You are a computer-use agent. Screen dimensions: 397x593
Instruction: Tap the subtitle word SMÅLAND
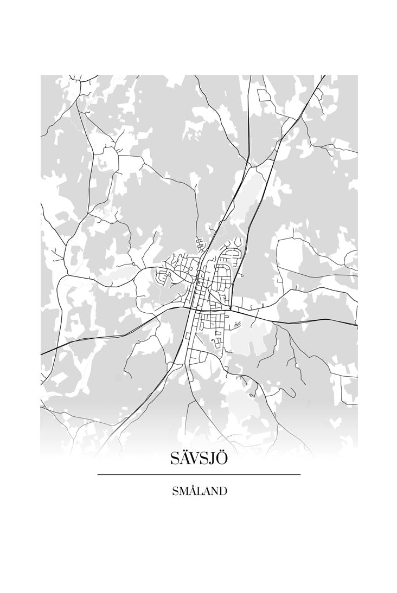tap(199, 491)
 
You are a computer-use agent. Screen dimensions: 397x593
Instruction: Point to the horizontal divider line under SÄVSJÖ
tap(198, 474)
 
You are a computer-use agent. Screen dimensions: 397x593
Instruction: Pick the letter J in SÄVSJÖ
tap(213, 459)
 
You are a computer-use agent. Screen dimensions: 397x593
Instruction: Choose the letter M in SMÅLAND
tap(183, 492)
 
